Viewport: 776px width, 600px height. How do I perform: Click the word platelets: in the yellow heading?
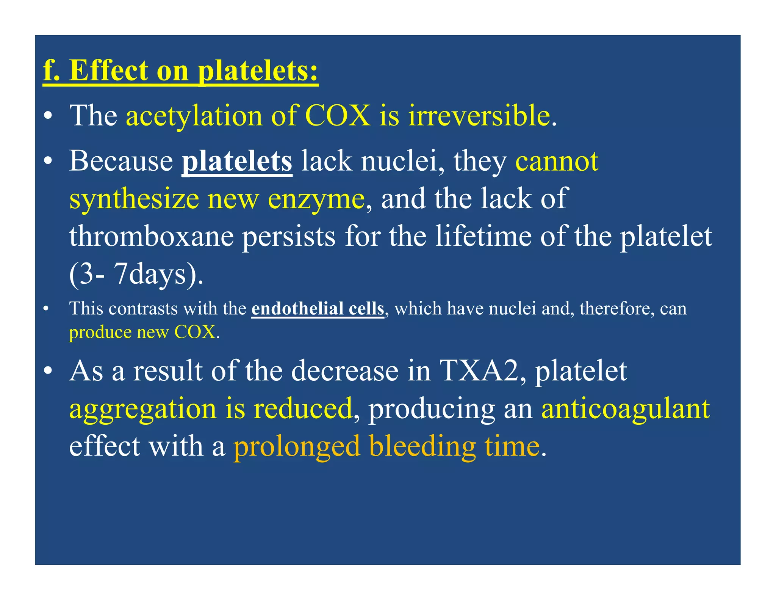258,71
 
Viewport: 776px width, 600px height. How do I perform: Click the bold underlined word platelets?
237,161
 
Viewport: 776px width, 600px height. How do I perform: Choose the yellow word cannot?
557,161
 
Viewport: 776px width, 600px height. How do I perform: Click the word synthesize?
134,199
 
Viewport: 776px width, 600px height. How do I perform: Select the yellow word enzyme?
316,199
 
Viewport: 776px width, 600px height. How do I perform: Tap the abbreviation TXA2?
478,371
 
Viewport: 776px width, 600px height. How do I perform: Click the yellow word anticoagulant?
625,409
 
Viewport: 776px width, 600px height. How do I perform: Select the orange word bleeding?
422,446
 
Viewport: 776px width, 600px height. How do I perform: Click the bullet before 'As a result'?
47,371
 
